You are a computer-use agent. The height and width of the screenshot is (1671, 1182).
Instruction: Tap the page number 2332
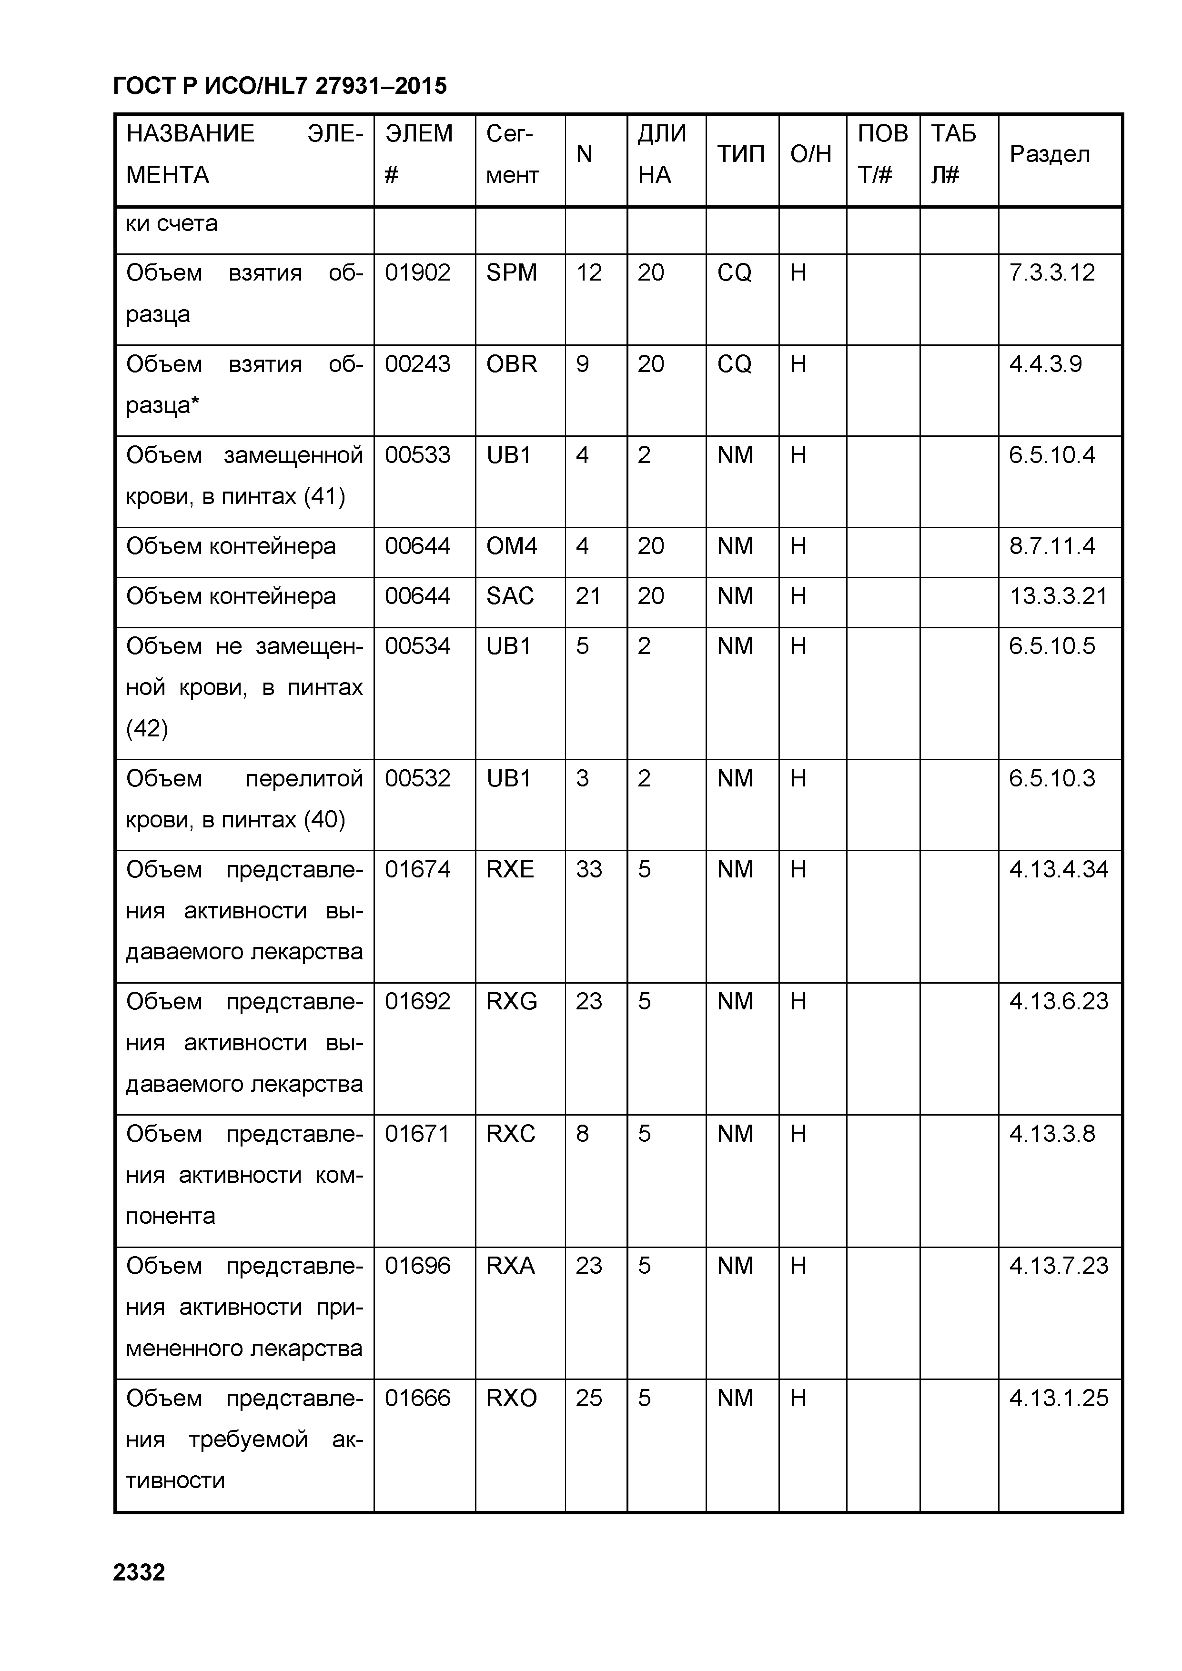(139, 1572)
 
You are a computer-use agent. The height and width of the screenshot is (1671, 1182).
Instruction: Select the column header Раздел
(1050, 154)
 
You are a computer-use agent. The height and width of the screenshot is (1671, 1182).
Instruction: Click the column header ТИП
(741, 154)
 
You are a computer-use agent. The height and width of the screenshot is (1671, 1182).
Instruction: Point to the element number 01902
(418, 273)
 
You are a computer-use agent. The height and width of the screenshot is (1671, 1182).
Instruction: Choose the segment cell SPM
(512, 273)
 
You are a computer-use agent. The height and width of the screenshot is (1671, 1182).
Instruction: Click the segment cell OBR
(512, 364)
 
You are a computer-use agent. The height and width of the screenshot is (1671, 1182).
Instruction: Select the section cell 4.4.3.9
(1045, 364)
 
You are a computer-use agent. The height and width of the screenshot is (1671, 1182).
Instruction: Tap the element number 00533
(418, 455)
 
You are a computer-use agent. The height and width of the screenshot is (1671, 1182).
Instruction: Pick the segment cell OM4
(512, 546)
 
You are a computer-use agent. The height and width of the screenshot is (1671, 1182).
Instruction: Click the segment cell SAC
(510, 596)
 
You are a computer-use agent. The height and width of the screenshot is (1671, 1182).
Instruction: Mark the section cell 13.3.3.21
(1058, 596)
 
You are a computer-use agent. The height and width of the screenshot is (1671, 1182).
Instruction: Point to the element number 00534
(418, 646)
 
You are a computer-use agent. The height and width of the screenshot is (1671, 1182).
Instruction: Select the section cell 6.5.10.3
(1052, 779)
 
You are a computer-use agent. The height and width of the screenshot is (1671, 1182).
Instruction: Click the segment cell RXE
(510, 870)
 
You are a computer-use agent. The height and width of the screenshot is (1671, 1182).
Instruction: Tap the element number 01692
(418, 1002)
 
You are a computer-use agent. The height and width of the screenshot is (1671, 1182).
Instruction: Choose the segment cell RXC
(511, 1134)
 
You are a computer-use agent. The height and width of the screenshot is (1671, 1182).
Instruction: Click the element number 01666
(418, 1398)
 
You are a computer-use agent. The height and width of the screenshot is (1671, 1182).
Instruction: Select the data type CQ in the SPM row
(734, 273)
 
